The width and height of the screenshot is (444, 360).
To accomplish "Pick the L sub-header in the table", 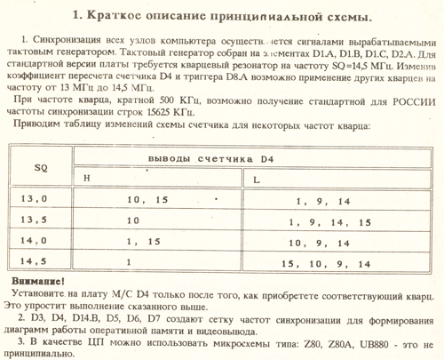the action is pos(256,180).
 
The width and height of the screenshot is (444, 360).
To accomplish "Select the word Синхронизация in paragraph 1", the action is pos(61,43).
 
